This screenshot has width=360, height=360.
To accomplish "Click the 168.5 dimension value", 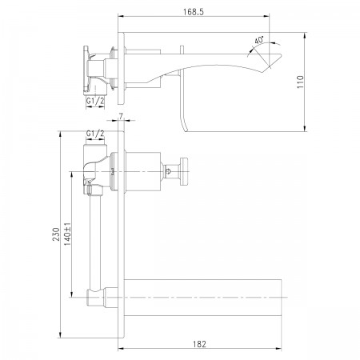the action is pos(194,12).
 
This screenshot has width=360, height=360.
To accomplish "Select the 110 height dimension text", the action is pos(301,82).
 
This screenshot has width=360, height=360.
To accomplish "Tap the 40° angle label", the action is pos(258,40).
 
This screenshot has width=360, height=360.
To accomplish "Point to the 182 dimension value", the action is pos(199,344).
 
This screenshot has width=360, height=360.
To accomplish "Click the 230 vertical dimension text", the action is pos(56,234).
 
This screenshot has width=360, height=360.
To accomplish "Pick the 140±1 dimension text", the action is pos(67,234).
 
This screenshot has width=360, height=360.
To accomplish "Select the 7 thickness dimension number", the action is pos(121,117).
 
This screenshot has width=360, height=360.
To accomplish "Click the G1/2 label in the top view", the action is pos(95,101).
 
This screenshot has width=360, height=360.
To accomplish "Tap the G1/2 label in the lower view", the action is pos(95,134).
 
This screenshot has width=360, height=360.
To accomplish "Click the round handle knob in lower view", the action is pos(184,171).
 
